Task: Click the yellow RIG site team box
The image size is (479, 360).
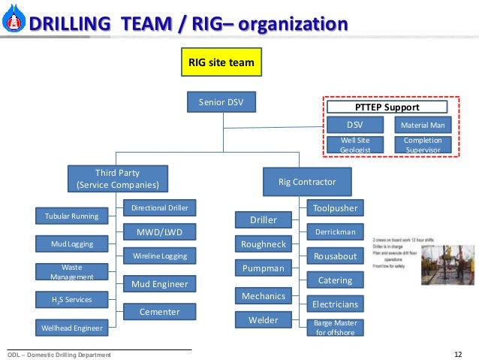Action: (221, 62)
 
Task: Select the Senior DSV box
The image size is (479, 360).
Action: (221, 102)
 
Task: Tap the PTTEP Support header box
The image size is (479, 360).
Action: (386, 107)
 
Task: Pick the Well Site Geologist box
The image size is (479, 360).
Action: (355, 145)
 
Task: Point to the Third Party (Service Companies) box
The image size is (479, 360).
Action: (118, 178)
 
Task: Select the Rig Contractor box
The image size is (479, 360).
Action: (306, 181)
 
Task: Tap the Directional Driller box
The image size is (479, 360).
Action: (160, 207)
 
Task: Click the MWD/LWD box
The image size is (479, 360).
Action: (160, 231)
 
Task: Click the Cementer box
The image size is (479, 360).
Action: (160, 311)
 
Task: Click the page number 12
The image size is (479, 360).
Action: (459, 354)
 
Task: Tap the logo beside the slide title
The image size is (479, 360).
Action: (12, 24)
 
